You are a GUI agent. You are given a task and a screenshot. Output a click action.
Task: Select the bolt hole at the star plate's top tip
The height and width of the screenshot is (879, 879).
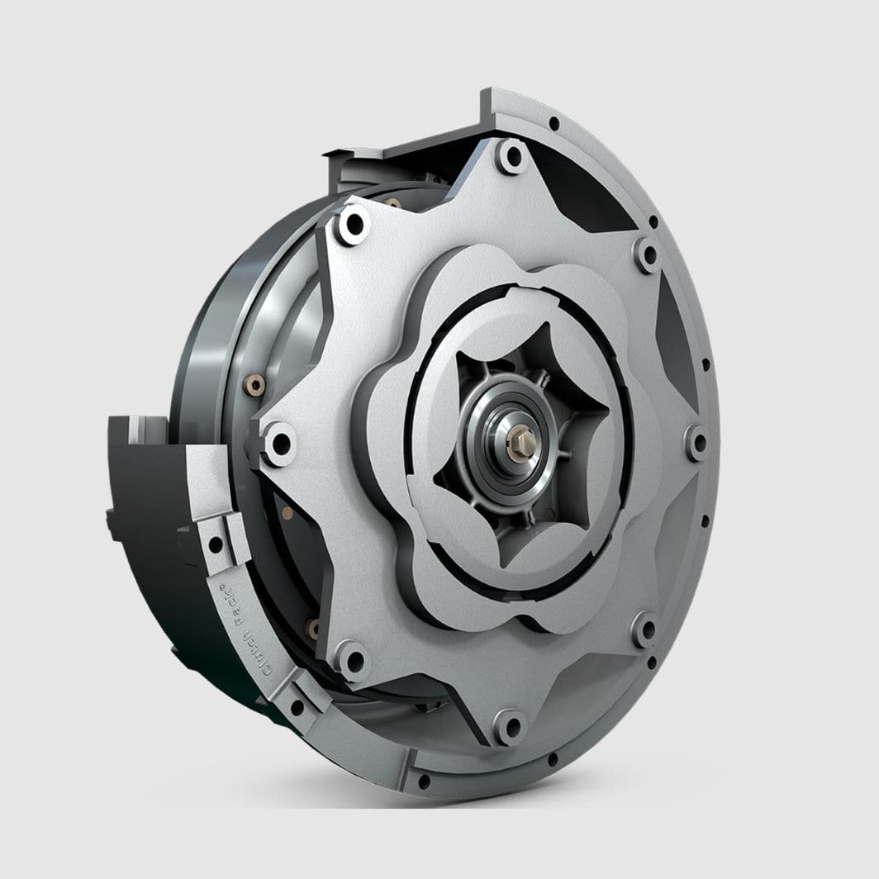click(512, 155)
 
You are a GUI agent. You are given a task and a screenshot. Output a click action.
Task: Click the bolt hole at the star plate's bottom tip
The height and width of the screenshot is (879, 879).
click(511, 727)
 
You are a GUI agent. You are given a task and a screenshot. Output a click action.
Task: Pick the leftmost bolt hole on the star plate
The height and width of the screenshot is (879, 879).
click(280, 443)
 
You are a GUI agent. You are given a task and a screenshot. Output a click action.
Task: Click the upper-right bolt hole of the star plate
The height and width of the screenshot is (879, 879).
click(648, 254)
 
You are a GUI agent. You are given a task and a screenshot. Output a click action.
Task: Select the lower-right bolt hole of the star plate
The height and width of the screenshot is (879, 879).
click(645, 630)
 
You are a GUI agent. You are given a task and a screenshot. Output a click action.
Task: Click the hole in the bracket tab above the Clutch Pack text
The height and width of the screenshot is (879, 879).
click(215, 544)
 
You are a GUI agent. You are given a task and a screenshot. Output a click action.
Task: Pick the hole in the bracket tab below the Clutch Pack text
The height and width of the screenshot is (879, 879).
click(296, 707)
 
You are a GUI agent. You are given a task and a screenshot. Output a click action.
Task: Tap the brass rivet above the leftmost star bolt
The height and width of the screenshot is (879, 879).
click(254, 385)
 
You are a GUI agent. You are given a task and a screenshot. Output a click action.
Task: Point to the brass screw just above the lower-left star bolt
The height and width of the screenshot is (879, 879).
click(313, 630)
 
